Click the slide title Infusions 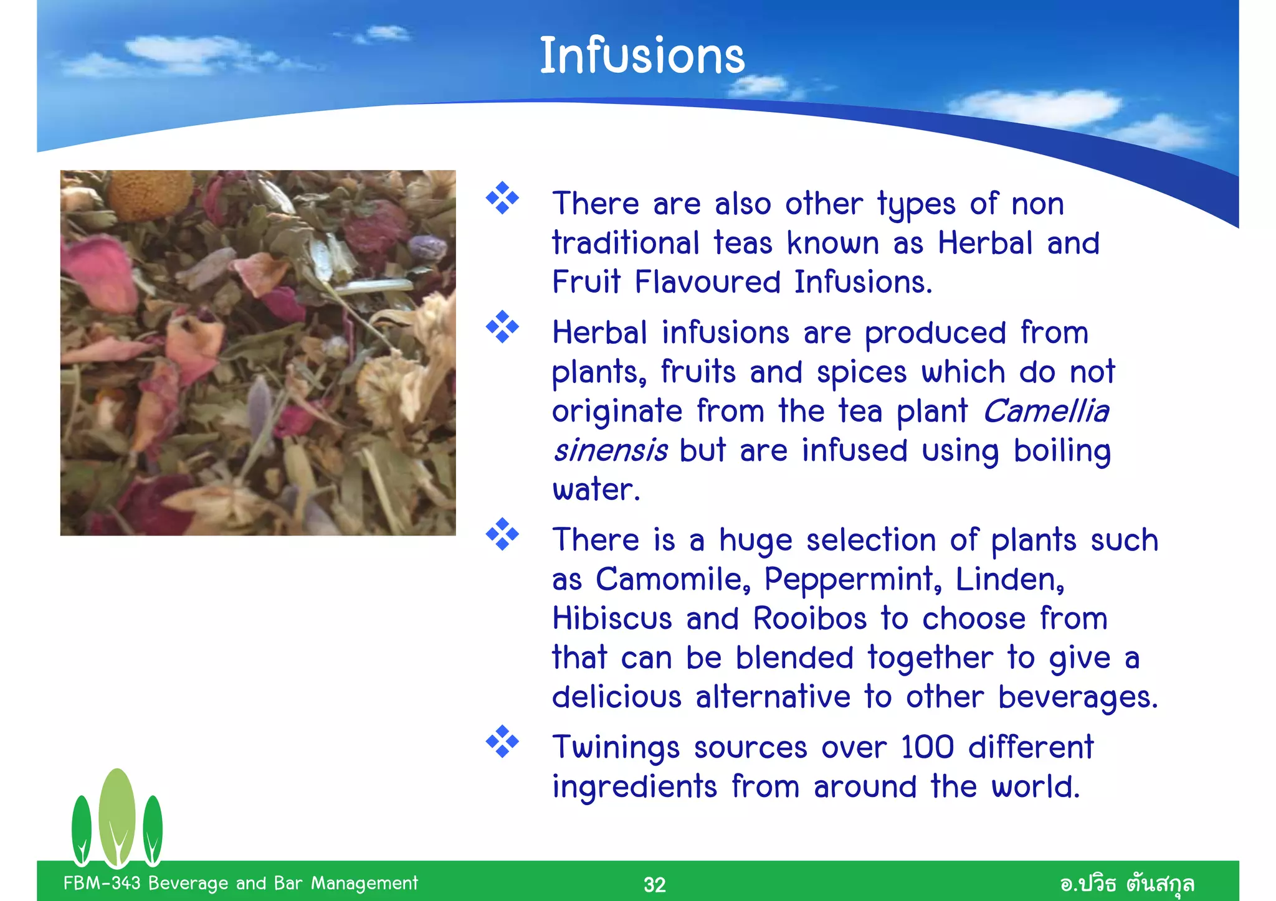click(642, 56)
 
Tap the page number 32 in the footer click(654, 885)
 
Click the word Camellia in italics click(1046, 412)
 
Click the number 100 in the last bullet click(927, 747)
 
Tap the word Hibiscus click(612, 619)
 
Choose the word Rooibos click(810, 619)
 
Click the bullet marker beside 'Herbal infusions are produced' click(502, 327)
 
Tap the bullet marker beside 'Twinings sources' click(502, 742)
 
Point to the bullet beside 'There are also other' click(502, 198)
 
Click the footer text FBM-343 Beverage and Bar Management click(240, 883)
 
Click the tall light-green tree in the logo click(117, 816)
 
